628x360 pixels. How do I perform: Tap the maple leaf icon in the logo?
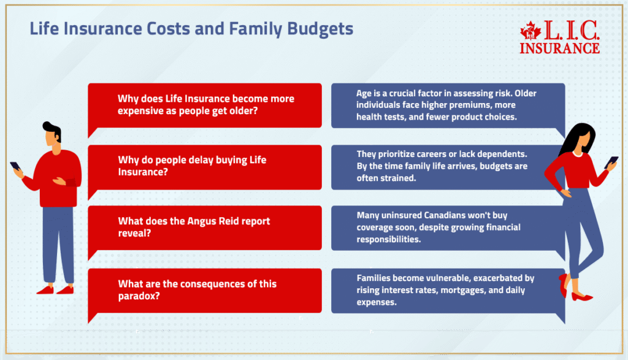click(x=530, y=32)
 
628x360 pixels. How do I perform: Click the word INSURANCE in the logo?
click(x=559, y=47)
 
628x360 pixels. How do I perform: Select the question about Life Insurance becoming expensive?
click(x=205, y=105)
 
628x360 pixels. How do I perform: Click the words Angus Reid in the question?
click(x=215, y=221)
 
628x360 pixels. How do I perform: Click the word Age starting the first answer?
click(x=364, y=93)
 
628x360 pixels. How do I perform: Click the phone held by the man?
click(x=15, y=166)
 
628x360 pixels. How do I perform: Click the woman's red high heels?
click(x=573, y=291)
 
